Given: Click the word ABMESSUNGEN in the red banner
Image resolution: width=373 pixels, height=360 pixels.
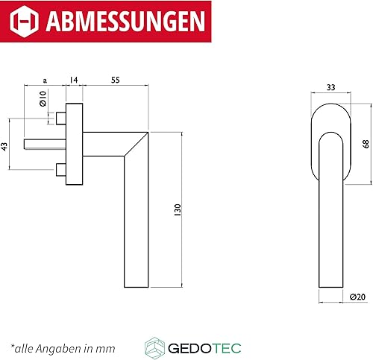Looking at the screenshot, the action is (x=125, y=21).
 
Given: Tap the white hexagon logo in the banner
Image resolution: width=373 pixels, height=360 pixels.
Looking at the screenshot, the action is (x=24, y=21).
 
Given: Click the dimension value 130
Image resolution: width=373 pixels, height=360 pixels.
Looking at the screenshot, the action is (x=178, y=209).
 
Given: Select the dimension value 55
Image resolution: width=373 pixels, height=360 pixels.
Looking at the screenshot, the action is (x=116, y=80).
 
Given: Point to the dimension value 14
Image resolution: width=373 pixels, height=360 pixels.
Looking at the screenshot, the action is (x=74, y=80).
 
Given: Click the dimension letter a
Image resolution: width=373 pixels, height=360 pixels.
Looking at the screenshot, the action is (x=45, y=80).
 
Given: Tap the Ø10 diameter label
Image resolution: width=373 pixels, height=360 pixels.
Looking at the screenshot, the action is (x=43, y=98).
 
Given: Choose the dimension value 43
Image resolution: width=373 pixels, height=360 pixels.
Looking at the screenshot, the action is (x=4, y=146).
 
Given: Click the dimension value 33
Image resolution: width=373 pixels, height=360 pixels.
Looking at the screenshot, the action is (x=331, y=87).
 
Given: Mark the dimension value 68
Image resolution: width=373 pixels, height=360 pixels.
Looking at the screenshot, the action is (x=366, y=144).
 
